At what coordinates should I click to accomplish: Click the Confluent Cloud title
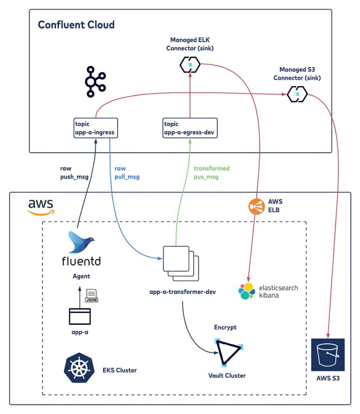pyautogui.click(x=76, y=24)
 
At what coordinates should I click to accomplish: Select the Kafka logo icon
pyautogui.click(x=96, y=82)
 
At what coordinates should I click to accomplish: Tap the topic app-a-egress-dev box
pyautogui.click(x=190, y=128)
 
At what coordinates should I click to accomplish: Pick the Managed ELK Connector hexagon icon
pyautogui.click(x=190, y=64)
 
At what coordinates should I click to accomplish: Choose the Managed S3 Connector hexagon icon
pyautogui.click(x=297, y=95)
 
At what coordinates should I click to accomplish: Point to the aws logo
pyautogui.click(x=41, y=207)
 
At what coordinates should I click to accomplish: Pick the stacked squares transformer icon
pyautogui.click(x=180, y=264)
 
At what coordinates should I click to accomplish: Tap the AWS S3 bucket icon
pyautogui.click(x=328, y=355)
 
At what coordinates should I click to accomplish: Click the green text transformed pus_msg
pyautogui.click(x=211, y=172)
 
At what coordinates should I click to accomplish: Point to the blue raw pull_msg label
pyautogui.click(x=127, y=172)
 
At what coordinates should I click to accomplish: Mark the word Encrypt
pyautogui.click(x=225, y=327)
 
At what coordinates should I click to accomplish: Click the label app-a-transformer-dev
pyautogui.click(x=182, y=293)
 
